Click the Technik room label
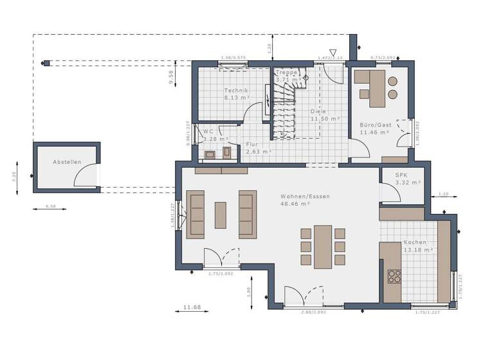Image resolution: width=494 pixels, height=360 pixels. pyautogui.click(x=235, y=91)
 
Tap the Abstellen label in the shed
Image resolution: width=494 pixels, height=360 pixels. pyautogui.click(x=67, y=162)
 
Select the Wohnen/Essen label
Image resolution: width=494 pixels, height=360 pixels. pyautogui.click(x=295, y=195)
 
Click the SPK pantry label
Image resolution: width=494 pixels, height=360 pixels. pyautogui.click(x=401, y=174)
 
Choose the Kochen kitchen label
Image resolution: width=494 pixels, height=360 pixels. pyautogui.click(x=414, y=242)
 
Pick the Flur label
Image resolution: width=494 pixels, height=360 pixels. pyautogui.click(x=253, y=145)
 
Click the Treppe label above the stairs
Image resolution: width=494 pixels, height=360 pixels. pyautogui.click(x=287, y=73)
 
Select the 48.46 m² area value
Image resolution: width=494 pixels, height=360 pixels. pyautogui.click(x=295, y=203)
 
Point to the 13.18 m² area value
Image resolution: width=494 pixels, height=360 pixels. pyautogui.click(x=417, y=249)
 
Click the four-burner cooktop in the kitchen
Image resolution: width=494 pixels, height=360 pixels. pyautogui.click(x=394, y=276)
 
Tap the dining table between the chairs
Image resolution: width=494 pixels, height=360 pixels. pyautogui.click(x=322, y=246)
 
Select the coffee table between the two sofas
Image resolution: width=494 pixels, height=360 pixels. pyautogui.click(x=220, y=215)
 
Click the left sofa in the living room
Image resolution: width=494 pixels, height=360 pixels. pyautogui.click(x=196, y=214)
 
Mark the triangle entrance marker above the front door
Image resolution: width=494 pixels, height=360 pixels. pyautogui.click(x=333, y=53)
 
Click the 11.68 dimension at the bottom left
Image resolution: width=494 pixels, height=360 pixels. pyautogui.click(x=192, y=307)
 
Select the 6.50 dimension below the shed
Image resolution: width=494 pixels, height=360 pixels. pyautogui.click(x=50, y=206)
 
